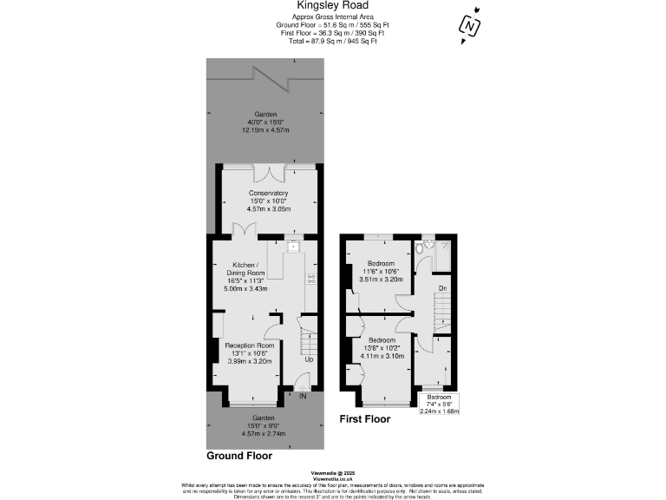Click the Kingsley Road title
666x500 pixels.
coord(332,5)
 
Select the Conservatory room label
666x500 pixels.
coord(268,193)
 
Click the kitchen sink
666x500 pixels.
coord(294,246)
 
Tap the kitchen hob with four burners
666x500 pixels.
coord(310,279)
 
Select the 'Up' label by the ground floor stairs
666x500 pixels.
coord(307,359)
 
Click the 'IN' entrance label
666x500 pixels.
coord(303,397)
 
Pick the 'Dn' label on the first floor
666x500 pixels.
coord(441,287)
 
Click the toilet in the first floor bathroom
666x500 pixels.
coord(421,250)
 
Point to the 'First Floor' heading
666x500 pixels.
coord(365,419)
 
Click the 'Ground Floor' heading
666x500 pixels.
coord(239,456)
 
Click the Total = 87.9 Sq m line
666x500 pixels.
coord(332,41)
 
